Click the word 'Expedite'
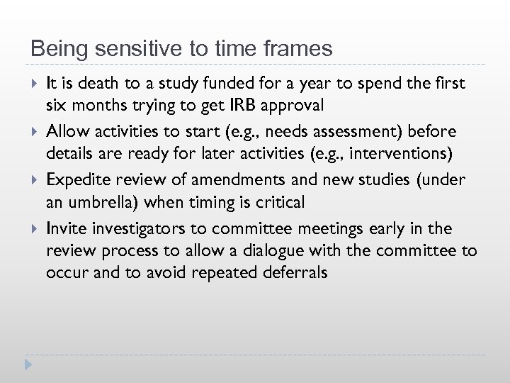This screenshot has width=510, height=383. tap(74, 180)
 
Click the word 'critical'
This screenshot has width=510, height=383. tap(279, 203)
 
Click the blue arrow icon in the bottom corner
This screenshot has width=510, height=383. tap(28, 365)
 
